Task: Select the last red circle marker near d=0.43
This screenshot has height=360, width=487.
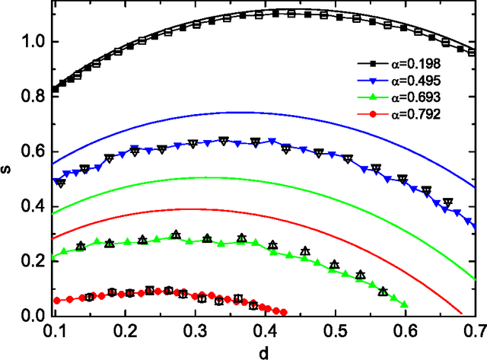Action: (x=284, y=312)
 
